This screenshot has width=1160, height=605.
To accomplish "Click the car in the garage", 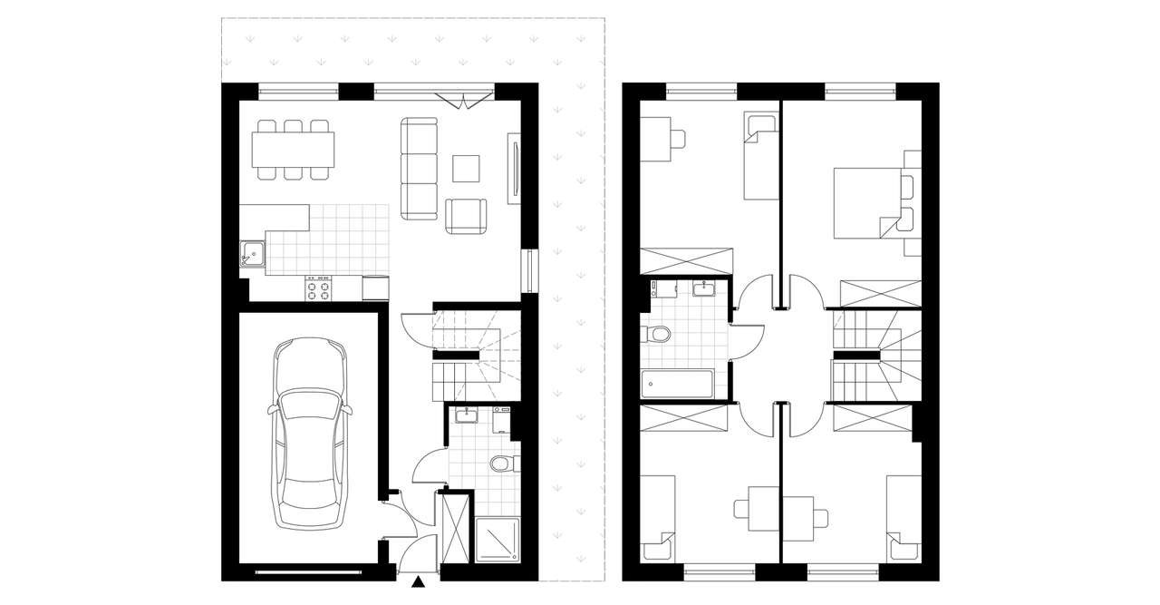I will pos(309,434).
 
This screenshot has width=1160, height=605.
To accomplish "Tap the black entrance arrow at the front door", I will pos(418,582).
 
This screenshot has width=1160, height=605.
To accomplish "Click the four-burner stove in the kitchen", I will pos(319,288).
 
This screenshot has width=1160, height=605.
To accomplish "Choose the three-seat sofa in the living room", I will pos(419,169).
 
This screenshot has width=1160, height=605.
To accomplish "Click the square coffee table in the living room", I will pos(466,169).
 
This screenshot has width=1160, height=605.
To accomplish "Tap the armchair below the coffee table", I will pos(466,215).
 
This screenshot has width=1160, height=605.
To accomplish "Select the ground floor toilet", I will pos(502,465).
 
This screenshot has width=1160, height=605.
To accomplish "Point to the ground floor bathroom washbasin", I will pos(466,415).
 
